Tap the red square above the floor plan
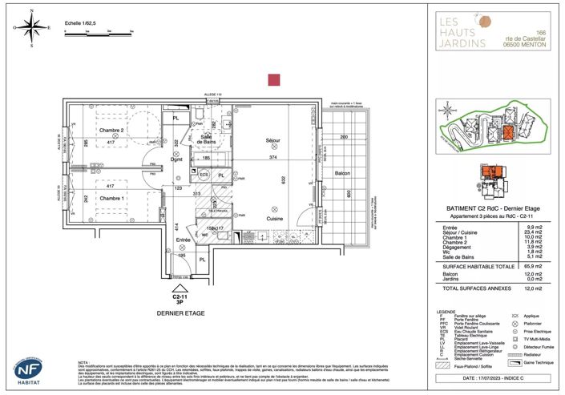point(273,79)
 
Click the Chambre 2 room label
point(111,130)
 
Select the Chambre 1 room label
point(111,198)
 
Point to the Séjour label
point(273,140)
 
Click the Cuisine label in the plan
point(276,219)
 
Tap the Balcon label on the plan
point(342,174)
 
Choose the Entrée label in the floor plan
point(184,240)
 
